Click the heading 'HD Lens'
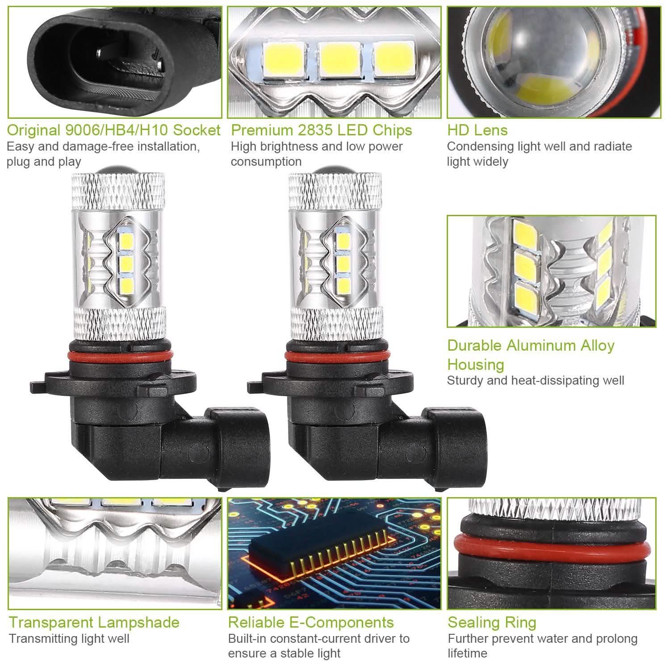coord(477,130)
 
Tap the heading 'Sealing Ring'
coord(492,622)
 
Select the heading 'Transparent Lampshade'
coord(94,622)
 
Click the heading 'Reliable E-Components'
coord(311,622)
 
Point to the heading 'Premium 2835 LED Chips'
coord(321,130)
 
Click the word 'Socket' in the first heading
coord(197,130)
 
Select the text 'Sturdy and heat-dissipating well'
coord(536,381)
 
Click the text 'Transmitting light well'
coord(69,639)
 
